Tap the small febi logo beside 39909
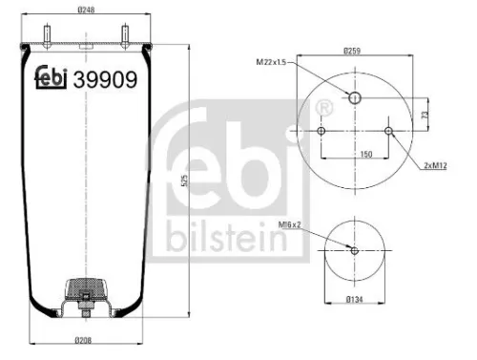point(52,80)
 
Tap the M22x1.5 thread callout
point(271,62)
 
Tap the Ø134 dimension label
point(354,299)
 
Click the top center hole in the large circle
point(354,97)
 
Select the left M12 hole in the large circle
point(321,130)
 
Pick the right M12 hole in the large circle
point(387,130)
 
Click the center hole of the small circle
point(354,250)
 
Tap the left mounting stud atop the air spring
point(46,34)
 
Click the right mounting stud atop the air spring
point(125,34)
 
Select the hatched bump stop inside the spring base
point(86,286)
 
